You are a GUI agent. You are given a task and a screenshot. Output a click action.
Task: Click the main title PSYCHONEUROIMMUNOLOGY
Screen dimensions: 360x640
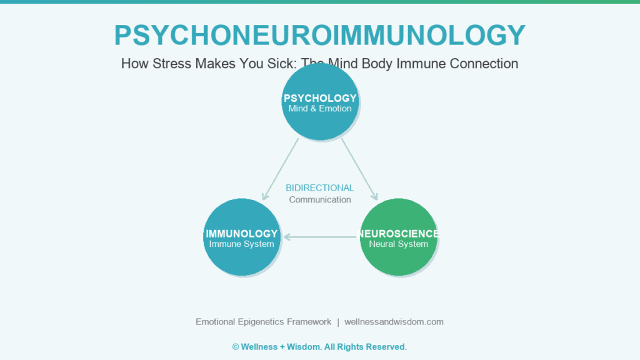[x=319, y=36]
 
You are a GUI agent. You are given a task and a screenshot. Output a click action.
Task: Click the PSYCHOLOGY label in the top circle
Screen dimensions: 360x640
[x=320, y=98]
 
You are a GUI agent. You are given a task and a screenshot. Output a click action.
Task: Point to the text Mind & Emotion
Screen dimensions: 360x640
[x=320, y=109]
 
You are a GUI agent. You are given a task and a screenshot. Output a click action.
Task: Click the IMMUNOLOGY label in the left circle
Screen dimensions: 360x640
[x=241, y=234]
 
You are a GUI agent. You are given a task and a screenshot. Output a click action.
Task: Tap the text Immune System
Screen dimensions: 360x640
[x=241, y=244]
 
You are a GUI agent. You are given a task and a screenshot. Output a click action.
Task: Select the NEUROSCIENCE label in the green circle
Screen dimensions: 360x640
[x=398, y=234]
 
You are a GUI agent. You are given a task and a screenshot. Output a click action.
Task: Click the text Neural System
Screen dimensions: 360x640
[x=398, y=244]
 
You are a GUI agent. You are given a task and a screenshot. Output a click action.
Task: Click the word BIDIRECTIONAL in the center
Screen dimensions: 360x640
[x=320, y=188]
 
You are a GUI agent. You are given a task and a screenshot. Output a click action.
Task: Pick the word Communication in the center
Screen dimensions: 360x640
[x=320, y=200]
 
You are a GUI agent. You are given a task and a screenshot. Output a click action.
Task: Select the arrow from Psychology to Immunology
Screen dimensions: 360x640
[x=280, y=169]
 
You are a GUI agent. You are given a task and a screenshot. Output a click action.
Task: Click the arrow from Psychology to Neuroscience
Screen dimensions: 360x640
[x=360, y=169]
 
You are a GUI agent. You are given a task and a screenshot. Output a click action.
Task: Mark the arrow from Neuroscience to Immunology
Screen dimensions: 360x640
[x=320, y=237]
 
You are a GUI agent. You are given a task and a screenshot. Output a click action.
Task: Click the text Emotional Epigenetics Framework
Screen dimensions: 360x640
[x=263, y=322]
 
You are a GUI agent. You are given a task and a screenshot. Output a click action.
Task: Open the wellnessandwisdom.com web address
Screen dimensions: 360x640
[x=394, y=322]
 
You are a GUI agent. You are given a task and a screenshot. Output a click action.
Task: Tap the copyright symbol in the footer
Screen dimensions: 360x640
[x=236, y=347]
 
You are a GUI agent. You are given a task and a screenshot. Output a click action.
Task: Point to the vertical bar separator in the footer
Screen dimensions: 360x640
[x=338, y=322]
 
